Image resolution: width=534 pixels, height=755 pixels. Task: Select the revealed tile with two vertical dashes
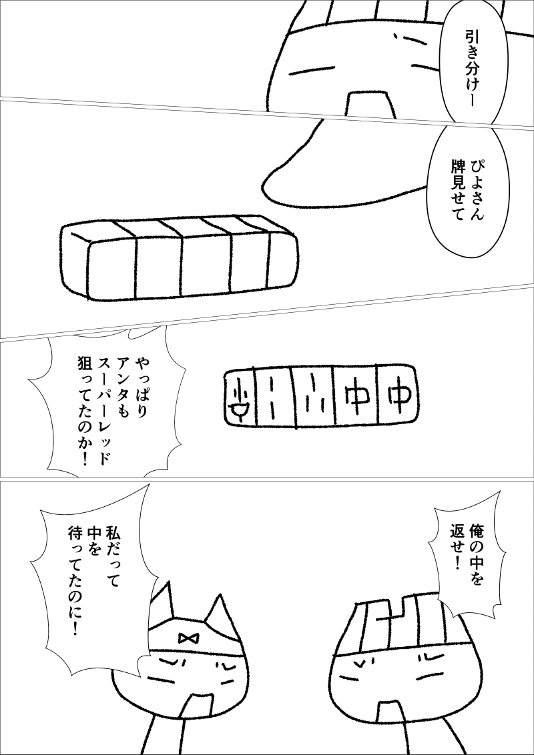274,397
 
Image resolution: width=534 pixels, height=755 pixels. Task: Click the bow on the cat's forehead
186,638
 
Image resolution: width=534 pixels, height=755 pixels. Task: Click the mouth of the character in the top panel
368,103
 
